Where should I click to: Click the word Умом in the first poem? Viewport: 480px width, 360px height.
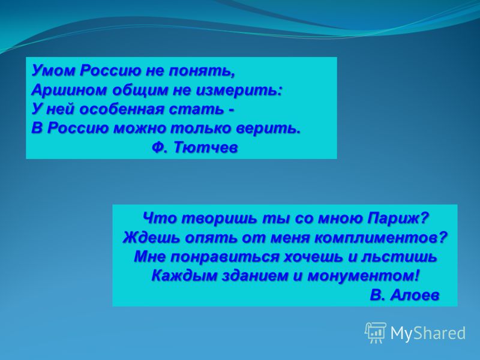point(54,71)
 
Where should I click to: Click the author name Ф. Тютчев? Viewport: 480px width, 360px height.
point(194,148)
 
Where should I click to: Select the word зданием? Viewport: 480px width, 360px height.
point(256,276)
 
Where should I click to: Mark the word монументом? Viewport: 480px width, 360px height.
point(363,276)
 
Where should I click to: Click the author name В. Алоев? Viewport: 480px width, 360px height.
point(404,295)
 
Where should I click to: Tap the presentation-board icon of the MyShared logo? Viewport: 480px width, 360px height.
point(376,332)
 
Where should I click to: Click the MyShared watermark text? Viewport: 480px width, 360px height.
point(428,333)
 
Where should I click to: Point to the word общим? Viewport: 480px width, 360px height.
point(140,90)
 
